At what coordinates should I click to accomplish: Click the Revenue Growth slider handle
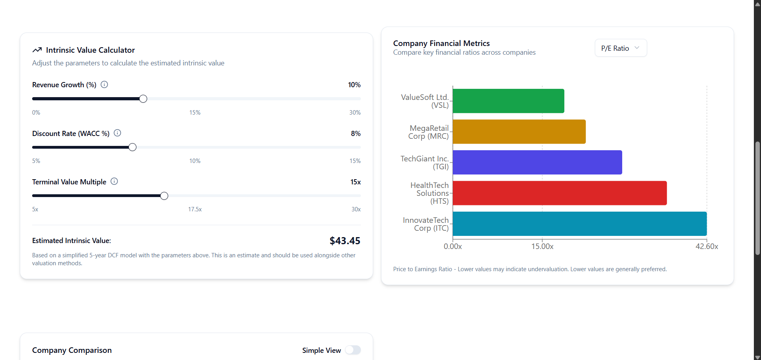[143, 99]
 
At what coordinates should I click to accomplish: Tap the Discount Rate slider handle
[132, 147]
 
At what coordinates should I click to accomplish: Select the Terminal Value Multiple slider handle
[164, 196]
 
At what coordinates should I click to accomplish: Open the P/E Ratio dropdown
[621, 48]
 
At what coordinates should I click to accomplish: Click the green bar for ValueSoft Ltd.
[508, 101]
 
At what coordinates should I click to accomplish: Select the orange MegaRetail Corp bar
[519, 132]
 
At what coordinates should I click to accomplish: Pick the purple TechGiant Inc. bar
[537, 162]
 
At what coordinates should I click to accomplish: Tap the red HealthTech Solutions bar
[560, 193]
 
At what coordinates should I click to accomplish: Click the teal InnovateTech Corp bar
[579, 224]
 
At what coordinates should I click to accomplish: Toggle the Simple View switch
[353, 350]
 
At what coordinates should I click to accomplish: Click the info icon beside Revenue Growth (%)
[104, 84]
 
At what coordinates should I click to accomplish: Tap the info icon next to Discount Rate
[117, 133]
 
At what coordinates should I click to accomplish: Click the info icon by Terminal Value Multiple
[114, 182]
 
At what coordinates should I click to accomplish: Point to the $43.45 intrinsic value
[345, 241]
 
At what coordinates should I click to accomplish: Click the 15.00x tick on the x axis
[542, 246]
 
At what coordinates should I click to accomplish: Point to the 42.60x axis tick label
[707, 246]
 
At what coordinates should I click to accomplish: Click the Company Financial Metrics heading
[441, 43]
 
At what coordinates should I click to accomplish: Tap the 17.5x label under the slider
[195, 209]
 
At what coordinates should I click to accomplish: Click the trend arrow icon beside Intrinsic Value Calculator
[37, 50]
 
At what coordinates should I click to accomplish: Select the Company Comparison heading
[72, 350]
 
